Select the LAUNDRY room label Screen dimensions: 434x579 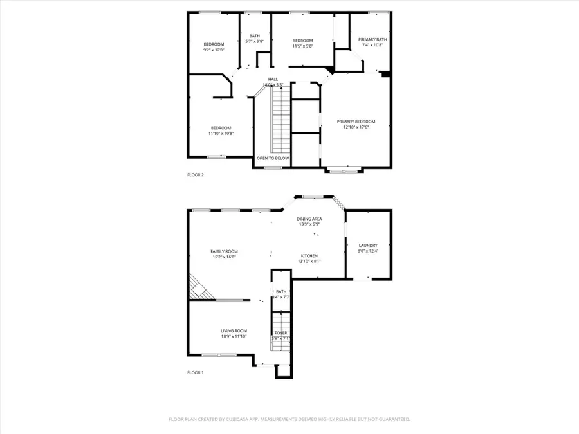(x=368, y=245)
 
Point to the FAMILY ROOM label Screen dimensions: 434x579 (x=224, y=251)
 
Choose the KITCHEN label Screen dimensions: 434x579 (x=309, y=255)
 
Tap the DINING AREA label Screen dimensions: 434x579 (x=309, y=219)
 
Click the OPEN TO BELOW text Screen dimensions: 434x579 (x=273, y=158)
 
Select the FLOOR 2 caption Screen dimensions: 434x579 (x=196, y=174)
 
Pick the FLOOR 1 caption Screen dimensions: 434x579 (x=196, y=372)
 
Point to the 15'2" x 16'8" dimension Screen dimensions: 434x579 (x=224, y=257)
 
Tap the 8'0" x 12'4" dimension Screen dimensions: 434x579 (x=368, y=251)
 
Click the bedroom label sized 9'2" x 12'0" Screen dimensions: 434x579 (x=214, y=44)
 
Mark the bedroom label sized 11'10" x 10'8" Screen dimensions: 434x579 (x=221, y=127)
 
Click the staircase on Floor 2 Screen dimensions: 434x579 (x=280, y=119)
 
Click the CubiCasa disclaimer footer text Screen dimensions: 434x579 (x=289, y=419)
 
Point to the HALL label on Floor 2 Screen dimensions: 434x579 (x=273, y=79)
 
